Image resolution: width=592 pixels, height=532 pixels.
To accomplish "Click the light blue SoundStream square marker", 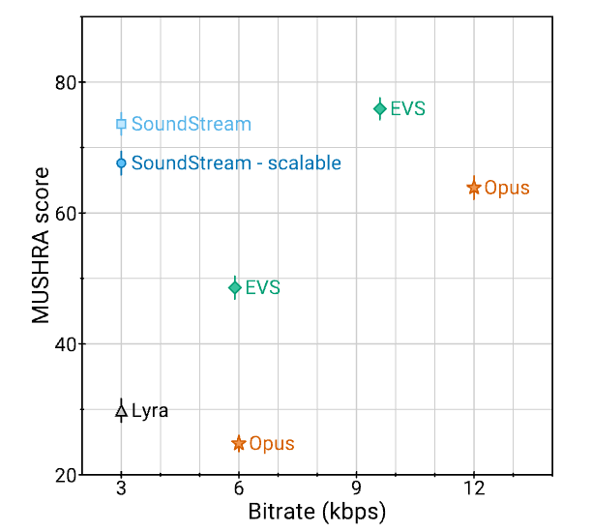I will (121, 124).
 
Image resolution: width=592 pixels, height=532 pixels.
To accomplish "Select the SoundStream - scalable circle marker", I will (121, 163).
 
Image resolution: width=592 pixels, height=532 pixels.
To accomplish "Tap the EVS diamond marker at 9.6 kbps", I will (380, 109).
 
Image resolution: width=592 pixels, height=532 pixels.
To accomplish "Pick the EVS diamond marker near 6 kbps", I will (235, 287).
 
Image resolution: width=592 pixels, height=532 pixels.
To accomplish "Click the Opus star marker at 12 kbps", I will (474, 188).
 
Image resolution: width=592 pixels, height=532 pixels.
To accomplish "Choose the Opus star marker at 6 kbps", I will (239, 444).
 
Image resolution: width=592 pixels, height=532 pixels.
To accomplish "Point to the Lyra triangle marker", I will (121, 411).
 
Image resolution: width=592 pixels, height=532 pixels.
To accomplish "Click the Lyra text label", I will (150, 411).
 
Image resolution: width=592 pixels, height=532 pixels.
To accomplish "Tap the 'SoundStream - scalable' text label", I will (236, 163).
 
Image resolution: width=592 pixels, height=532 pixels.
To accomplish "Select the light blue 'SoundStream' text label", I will (192, 124).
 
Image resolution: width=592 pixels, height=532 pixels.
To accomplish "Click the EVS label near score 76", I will (407, 109).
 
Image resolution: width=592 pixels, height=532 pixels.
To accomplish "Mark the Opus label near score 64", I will (507, 188).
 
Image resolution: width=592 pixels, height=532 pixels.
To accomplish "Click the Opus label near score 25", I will (272, 444).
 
